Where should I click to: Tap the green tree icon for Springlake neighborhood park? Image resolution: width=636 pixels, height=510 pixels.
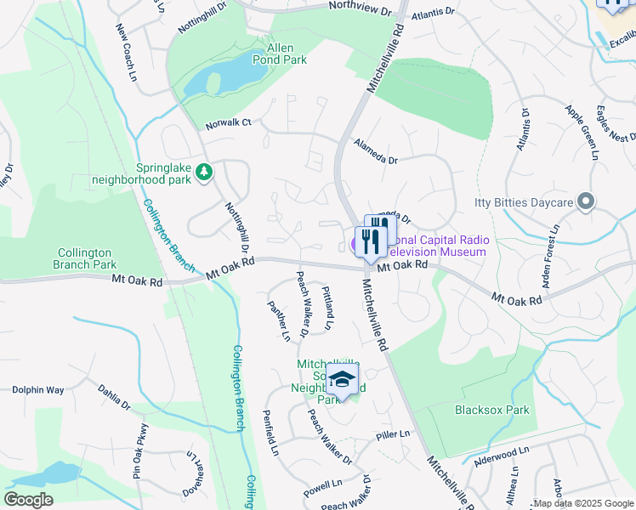203,173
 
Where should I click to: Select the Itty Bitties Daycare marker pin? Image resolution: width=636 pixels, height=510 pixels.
585,201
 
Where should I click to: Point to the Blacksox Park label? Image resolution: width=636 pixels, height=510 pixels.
492,410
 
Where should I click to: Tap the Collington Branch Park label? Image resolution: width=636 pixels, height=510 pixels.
87,258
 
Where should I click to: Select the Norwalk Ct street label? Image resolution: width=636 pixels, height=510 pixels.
229,122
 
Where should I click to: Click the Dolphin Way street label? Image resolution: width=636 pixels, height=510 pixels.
38,390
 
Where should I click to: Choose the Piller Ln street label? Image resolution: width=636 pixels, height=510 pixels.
393,435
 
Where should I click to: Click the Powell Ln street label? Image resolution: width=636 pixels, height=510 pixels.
321,490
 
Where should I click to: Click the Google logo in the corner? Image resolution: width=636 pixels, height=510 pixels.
28,500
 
